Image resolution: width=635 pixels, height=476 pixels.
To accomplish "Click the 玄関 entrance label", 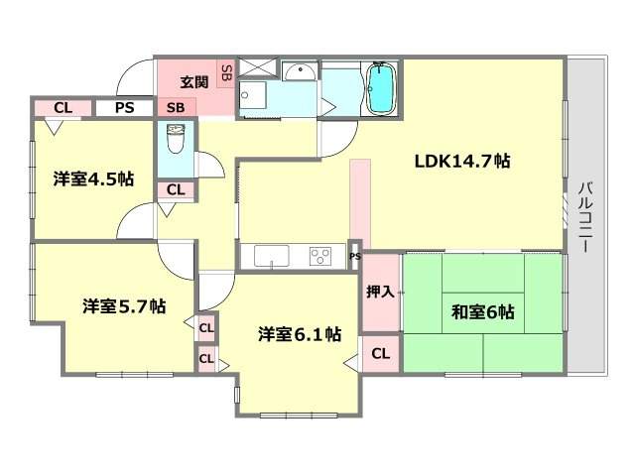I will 195,81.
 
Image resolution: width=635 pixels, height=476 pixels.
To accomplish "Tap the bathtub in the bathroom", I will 380,88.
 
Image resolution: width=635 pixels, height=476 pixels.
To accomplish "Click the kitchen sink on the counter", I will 271,257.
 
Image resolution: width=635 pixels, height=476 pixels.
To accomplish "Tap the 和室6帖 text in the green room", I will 481,311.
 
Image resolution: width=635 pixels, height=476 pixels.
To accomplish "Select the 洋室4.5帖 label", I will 93,179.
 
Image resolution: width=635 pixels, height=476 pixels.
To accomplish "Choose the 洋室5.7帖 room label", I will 123,306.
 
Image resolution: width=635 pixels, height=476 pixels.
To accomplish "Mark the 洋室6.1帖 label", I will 300,334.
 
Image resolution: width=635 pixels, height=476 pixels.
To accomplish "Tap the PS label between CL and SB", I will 124,107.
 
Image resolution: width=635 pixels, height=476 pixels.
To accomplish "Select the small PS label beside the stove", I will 354,257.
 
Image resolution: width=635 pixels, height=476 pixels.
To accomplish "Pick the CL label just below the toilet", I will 175,189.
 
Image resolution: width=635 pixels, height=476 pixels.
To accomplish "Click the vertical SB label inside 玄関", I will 225,72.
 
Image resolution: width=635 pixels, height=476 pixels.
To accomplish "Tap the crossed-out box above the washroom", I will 256,67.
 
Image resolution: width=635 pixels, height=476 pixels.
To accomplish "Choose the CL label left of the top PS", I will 63,107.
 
